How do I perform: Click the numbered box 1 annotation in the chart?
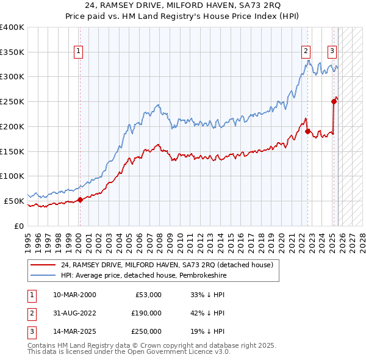(79, 51)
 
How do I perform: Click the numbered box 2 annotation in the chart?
(306, 51)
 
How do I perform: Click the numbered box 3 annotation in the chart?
(332, 51)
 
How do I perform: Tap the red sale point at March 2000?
(80, 200)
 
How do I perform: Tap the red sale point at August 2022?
(307, 131)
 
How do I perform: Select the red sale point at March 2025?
(334, 101)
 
